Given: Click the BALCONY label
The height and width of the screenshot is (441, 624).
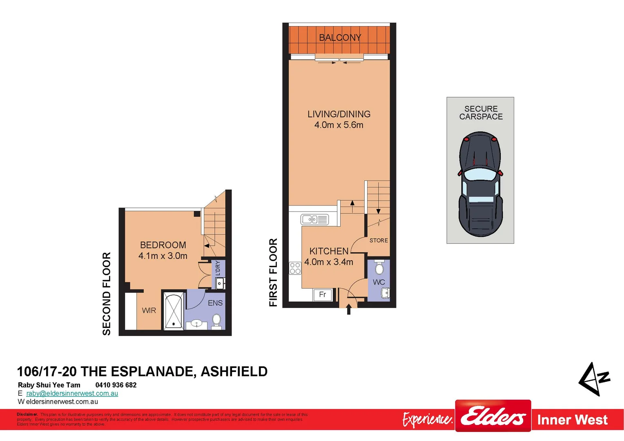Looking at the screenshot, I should tap(340, 38).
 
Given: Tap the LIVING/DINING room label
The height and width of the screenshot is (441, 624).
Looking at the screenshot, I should tap(339, 114).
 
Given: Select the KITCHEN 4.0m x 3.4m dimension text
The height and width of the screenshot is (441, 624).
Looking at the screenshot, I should tap(329, 262).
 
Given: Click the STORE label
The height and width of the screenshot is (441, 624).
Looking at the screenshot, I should tap(379, 241).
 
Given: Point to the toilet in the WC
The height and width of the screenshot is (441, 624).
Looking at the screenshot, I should tap(379, 268).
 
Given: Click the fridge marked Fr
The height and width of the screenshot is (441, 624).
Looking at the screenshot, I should tap(323, 294).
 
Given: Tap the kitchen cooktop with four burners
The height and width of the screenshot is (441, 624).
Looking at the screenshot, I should tap(295, 268).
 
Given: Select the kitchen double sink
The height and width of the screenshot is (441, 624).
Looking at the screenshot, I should tap(314, 220).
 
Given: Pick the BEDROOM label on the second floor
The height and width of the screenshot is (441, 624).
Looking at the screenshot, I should tap(163, 245).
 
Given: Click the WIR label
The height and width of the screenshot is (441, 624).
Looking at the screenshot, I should tap(149, 310).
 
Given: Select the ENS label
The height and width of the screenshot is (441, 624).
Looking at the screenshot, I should tap(215, 303).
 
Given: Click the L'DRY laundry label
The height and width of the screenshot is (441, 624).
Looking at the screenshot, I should tap(218, 268).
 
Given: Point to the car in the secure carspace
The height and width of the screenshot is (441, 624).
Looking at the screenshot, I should tap(480, 184).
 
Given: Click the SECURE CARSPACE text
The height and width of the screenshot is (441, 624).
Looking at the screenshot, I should tap(481, 113).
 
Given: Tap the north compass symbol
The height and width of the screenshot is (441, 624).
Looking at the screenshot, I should tap(594, 379).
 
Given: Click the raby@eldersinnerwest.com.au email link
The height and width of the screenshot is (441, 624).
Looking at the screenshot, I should tap(72, 393).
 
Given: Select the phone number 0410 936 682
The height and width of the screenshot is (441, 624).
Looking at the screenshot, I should tap(116, 385).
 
